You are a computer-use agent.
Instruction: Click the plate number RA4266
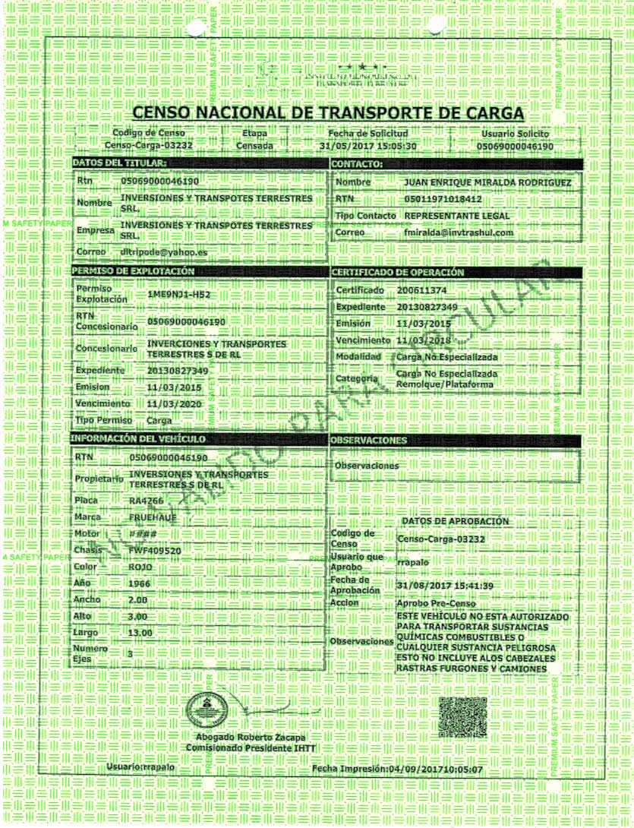[147, 501]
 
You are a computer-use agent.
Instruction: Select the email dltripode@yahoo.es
[164, 251]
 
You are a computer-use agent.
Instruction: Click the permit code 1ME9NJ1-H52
[178, 294]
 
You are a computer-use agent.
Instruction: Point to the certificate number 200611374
[421, 291]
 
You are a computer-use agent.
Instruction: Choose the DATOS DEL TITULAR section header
[118, 163]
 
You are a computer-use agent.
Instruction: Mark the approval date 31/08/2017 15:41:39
[445, 586]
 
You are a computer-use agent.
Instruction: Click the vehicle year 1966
[140, 583]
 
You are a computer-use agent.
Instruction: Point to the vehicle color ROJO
[141, 567]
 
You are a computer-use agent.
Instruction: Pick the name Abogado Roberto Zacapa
[246, 738]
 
